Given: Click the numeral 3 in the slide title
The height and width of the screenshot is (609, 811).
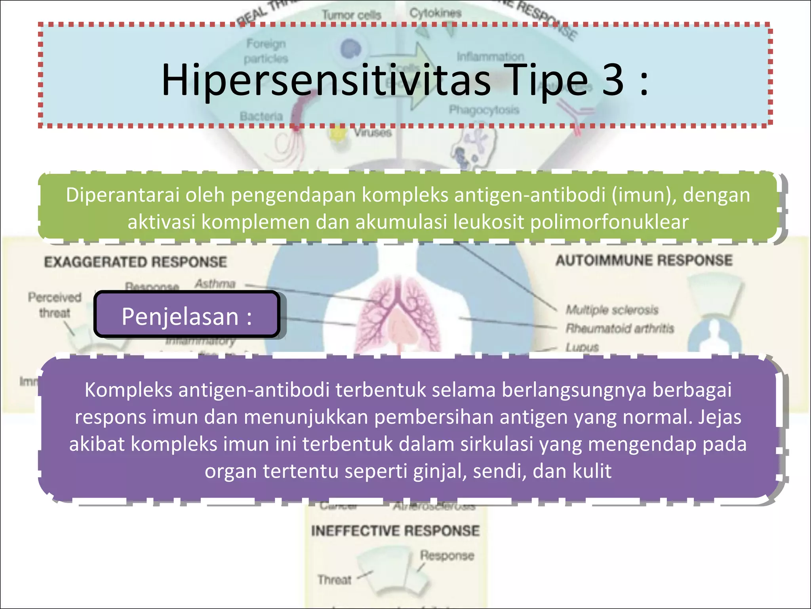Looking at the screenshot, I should click(x=613, y=80).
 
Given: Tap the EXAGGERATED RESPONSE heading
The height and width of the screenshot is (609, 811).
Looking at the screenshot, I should click(x=135, y=262).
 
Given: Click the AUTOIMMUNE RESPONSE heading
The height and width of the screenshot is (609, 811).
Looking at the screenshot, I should click(x=644, y=260).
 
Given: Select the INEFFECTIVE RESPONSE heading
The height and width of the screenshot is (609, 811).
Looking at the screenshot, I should click(x=395, y=530).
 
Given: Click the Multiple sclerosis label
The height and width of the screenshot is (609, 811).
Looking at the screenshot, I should click(x=612, y=310).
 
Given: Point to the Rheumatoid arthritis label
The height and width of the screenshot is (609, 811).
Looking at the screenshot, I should click(x=619, y=328).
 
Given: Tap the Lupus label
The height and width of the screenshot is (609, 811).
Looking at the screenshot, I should click(x=582, y=347).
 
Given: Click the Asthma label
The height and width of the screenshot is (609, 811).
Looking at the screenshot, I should click(x=215, y=283).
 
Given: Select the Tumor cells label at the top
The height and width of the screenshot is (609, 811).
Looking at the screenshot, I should click(x=351, y=15).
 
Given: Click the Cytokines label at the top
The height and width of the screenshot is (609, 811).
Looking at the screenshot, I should click(x=435, y=13).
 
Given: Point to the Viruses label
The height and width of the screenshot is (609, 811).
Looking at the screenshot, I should click(x=373, y=132).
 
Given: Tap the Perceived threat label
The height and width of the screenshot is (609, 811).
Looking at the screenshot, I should click(x=54, y=305).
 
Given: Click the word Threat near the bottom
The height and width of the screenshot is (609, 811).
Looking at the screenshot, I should click(x=334, y=580).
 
